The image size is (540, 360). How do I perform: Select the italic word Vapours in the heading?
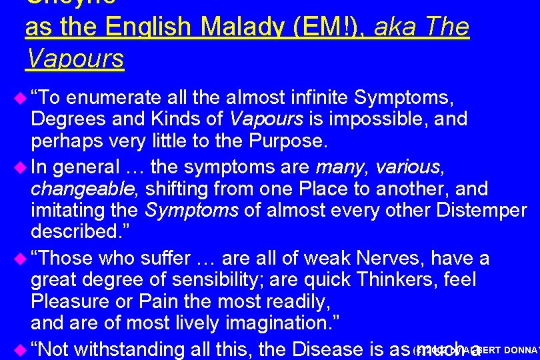[x=75, y=59]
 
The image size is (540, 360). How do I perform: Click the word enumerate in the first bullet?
[x=114, y=99]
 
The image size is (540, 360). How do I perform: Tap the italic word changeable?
[x=83, y=189]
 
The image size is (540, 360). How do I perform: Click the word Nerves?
[x=391, y=257]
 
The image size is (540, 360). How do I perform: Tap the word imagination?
[x=277, y=323]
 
